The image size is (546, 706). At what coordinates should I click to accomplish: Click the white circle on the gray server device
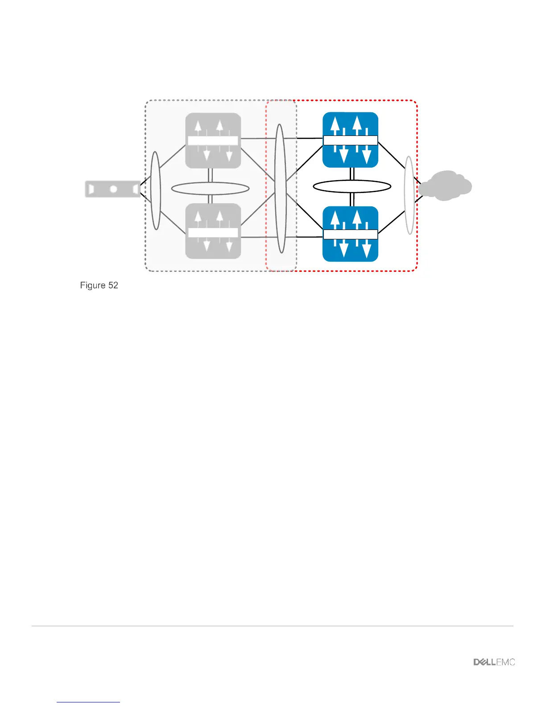coord(113,189)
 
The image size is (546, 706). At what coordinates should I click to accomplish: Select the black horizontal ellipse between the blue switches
coord(352,186)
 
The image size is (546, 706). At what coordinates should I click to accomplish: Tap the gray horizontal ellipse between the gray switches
coord(210,189)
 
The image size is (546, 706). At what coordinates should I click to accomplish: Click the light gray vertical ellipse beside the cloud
coord(409,195)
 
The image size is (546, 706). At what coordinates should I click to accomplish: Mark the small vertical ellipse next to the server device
coord(156,191)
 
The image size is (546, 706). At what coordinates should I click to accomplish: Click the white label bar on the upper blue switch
coord(350,140)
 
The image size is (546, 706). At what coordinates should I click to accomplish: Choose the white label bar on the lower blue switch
coord(350,234)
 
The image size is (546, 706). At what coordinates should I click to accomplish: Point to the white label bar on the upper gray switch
coord(213,141)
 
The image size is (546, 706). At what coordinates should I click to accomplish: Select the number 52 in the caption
coord(113,285)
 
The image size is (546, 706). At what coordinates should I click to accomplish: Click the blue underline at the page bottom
coord(88,702)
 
